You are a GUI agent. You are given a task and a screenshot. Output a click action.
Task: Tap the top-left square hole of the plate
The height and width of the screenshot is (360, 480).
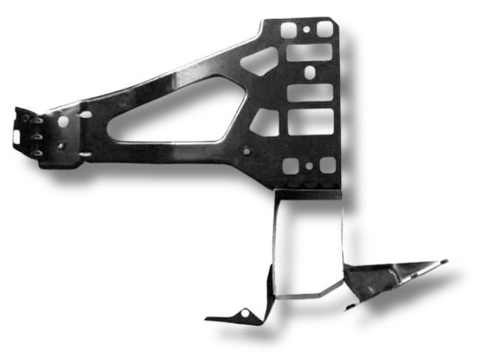(x=289, y=30)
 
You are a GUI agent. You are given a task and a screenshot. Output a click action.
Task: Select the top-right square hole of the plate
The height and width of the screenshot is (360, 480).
(x=323, y=29)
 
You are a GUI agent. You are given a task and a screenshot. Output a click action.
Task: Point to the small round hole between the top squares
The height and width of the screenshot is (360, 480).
(x=306, y=32)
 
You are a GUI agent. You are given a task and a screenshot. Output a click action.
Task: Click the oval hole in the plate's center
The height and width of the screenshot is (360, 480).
(x=310, y=72)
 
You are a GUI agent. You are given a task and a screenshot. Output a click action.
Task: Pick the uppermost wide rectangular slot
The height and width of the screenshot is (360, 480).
(x=309, y=52)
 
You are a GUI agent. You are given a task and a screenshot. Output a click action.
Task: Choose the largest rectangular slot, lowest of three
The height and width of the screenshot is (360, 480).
(x=309, y=122)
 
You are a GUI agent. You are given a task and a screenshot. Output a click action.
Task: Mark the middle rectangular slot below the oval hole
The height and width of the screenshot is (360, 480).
(x=309, y=94)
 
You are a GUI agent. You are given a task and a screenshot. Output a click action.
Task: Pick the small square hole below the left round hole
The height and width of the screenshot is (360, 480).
(x=62, y=145)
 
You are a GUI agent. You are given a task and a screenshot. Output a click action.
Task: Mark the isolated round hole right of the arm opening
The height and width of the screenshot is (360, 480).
(x=247, y=152)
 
